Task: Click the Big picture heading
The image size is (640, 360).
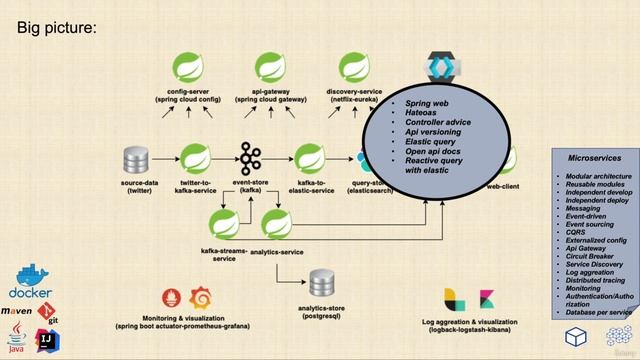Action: tap(56, 27)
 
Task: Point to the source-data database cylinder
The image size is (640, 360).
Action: tap(135, 160)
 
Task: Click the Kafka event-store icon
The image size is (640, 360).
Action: tap(249, 158)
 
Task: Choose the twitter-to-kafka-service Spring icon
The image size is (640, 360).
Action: tap(194, 158)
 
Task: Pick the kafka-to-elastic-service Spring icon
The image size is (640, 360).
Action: tap(306, 158)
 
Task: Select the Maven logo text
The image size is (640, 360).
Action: tap(22, 312)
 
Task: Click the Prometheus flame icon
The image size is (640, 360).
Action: tap(171, 298)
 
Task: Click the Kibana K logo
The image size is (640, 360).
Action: tap(486, 298)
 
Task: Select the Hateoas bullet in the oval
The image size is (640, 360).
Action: tap(421, 115)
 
